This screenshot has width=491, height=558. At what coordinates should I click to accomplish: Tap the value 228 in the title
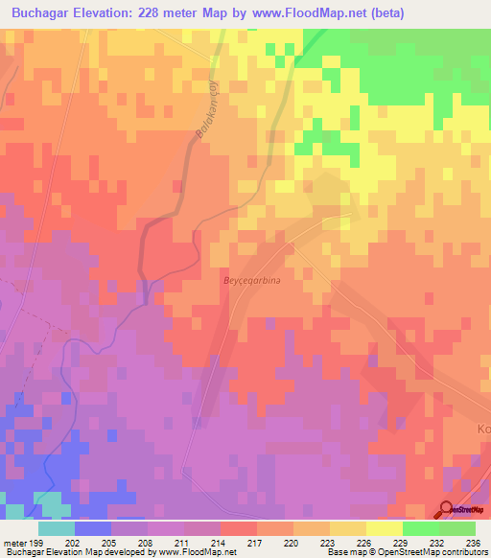[156, 13]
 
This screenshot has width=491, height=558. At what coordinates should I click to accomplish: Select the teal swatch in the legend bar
[57, 528]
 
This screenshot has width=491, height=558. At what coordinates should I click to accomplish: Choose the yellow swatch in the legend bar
[385, 528]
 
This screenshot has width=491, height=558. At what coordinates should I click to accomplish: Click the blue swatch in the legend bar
[93, 528]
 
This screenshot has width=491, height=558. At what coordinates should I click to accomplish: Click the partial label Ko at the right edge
[482, 430]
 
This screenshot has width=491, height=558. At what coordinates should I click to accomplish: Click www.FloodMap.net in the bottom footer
[202, 552]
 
